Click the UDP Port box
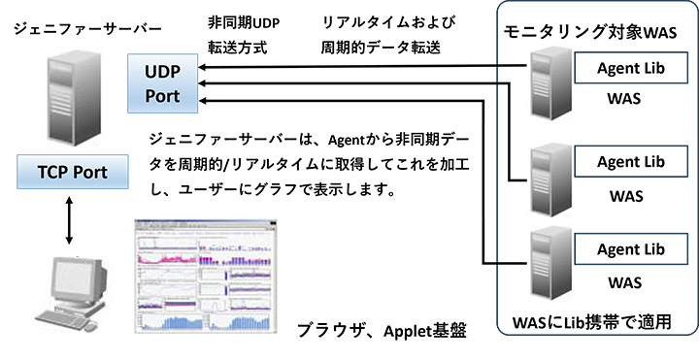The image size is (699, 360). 163,84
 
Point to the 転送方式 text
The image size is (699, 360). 237,46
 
